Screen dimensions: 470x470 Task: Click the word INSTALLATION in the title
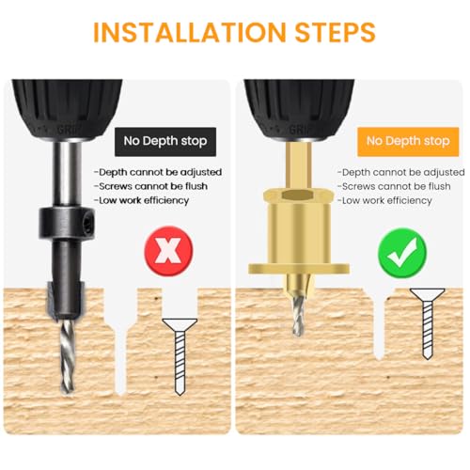pos(190,32)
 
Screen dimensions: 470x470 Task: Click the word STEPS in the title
pos(335,32)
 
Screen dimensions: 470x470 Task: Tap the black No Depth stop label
pos(165,142)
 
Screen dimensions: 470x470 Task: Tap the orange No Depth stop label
pos(408,142)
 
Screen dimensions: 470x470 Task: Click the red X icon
pos(168,251)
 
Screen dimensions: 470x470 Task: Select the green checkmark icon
pos(402,253)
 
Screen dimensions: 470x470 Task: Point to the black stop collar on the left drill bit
pos(67,223)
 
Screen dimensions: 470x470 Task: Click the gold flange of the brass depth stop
pos(299,269)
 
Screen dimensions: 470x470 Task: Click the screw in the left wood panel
pos(180,356)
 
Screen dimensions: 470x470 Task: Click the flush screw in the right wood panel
pos(428,323)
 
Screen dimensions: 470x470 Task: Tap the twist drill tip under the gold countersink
pos(298,316)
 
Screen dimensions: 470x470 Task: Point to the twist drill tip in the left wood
pos(68,357)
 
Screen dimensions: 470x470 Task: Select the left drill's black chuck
pos(67,109)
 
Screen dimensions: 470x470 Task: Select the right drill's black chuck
pos(299,109)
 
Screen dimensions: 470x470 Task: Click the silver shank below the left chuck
pos(67,173)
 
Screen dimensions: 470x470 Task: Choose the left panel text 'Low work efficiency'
pos(142,200)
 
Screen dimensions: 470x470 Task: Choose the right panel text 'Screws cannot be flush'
pos(394,187)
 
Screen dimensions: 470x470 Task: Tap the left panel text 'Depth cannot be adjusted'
pos(158,173)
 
